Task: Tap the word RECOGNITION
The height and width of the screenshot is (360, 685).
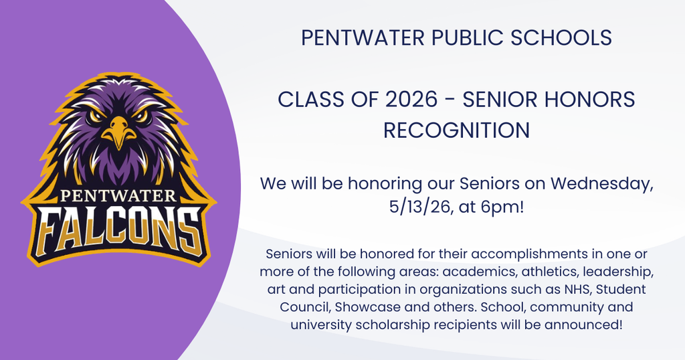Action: click(x=456, y=130)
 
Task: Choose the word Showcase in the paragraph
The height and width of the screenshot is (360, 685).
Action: click(x=366, y=307)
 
